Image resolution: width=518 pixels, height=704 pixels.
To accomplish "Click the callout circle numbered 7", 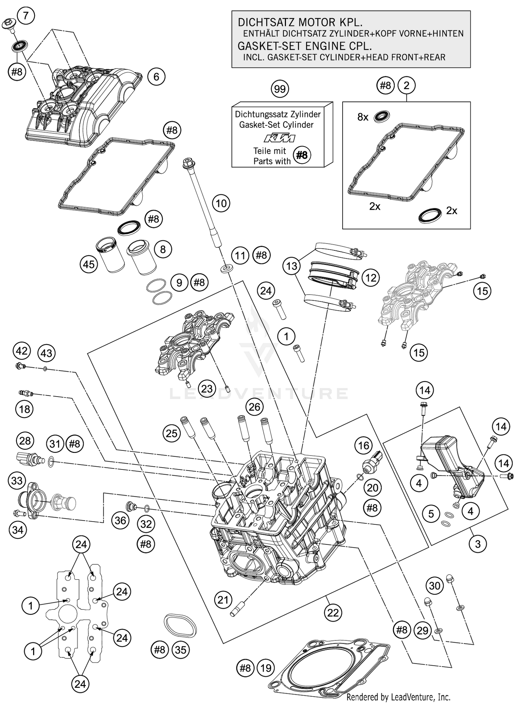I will [x=26, y=16].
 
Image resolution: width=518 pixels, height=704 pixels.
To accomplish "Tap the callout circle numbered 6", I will [x=156, y=76].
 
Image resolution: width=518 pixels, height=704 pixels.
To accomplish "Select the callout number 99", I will [x=280, y=89].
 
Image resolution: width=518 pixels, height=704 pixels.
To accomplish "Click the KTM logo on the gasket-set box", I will [x=280, y=139].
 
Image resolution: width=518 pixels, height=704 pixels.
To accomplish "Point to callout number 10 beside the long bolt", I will [x=221, y=203].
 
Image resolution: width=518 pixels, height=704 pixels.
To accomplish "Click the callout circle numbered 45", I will [x=89, y=265].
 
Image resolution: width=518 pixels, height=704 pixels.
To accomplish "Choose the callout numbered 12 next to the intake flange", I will [x=371, y=278].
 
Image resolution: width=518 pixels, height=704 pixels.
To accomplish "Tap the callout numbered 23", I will [x=207, y=388].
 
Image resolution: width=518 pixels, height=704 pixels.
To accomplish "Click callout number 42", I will [x=21, y=351].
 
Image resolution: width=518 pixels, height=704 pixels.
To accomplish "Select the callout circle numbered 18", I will [x=25, y=409].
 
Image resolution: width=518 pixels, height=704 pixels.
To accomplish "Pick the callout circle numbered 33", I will [x=17, y=481].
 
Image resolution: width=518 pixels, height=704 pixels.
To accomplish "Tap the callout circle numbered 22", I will [x=333, y=613].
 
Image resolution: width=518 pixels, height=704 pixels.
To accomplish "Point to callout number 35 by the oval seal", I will [x=181, y=650].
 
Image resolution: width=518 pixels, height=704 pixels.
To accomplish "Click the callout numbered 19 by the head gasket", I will [x=266, y=668].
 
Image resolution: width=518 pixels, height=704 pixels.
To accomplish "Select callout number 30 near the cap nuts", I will [x=434, y=586].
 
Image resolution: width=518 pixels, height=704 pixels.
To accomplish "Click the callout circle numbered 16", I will [x=363, y=446].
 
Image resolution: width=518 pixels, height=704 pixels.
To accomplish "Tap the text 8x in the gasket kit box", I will [x=363, y=117].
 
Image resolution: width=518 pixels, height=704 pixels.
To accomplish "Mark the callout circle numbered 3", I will [x=478, y=544].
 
